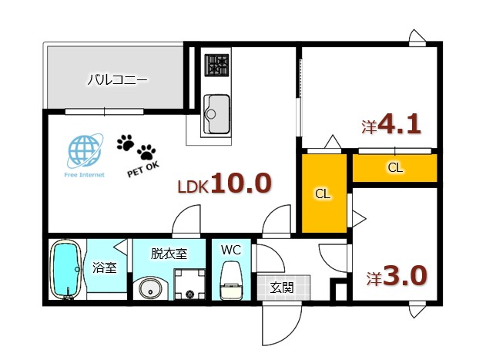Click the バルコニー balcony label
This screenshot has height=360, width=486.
[116, 79]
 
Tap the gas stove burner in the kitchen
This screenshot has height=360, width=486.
[216, 66]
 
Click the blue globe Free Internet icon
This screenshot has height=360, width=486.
[84, 151]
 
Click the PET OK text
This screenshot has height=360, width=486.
[142, 169]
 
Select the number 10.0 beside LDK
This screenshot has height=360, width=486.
[240, 183]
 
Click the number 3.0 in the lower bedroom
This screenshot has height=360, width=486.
[402, 275]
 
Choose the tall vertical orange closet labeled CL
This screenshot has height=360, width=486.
[323, 193]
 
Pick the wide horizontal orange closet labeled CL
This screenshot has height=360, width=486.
[394, 167]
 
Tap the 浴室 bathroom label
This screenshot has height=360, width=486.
[105, 268]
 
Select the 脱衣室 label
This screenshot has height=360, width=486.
[169, 253]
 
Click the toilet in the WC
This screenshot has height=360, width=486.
[231, 281]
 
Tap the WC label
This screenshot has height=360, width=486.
[231, 251]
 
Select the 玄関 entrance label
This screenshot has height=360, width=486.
[281, 288]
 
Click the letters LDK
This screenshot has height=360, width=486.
[192, 187]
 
